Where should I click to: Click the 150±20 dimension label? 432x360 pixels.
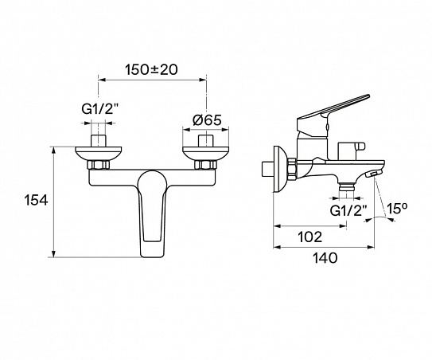pos(152,69)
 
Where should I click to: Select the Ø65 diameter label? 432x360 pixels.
pos(205,120)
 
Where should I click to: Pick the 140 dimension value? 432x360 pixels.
pos(325,257)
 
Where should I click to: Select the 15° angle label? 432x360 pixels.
pos(397,209)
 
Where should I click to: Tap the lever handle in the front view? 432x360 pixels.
pos(152,215)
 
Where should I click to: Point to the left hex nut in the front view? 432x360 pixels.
pos(99,166)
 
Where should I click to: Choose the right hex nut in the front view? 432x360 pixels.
pos(205,166)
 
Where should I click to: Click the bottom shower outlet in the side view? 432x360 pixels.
pos(345,188)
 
